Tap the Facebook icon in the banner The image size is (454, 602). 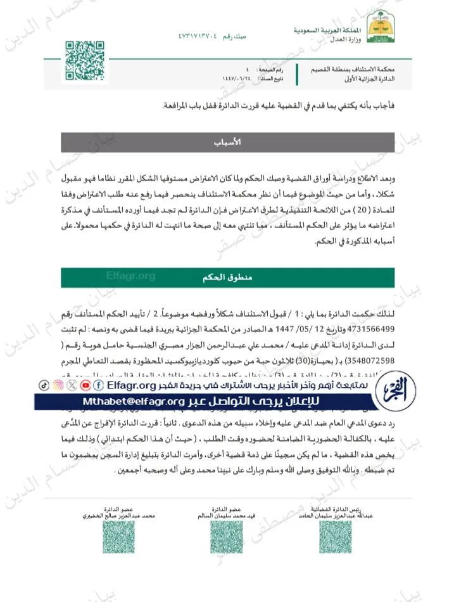(99, 385)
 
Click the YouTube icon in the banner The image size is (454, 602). (86, 385)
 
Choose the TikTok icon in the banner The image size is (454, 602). (44, 385)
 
